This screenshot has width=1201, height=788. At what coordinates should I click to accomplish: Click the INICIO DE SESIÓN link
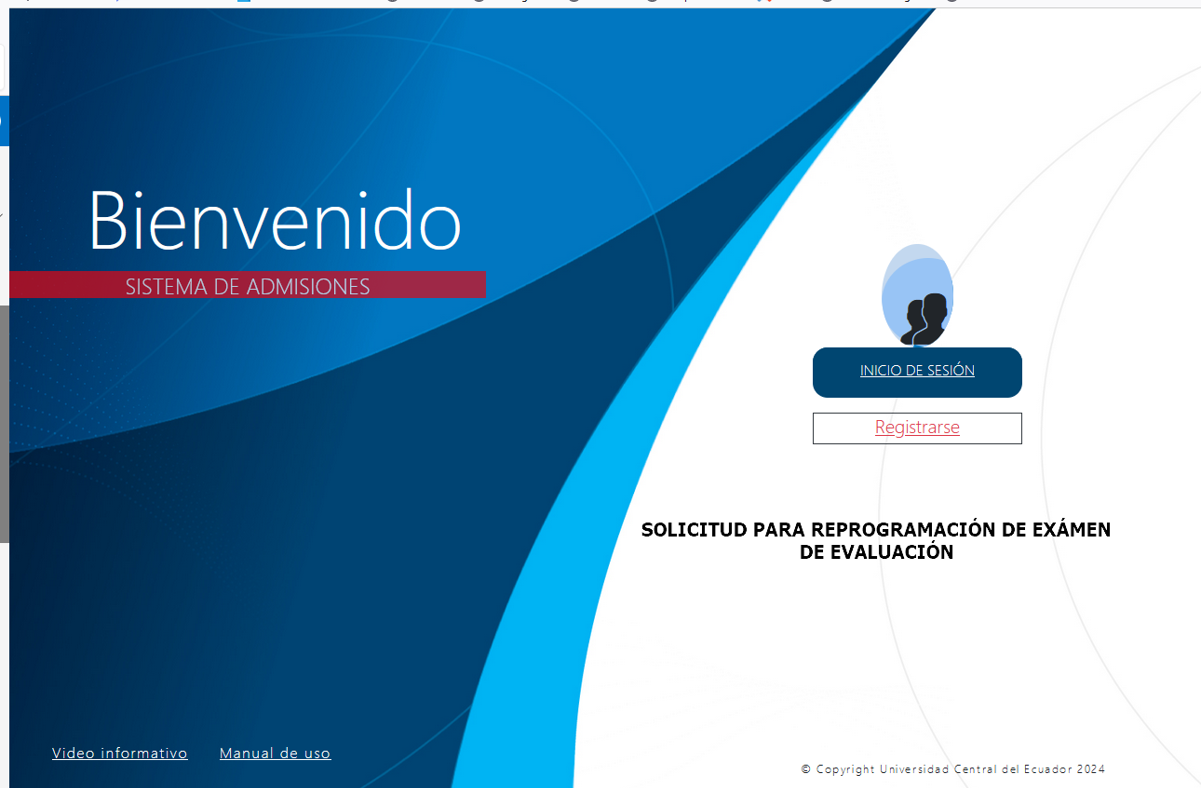tap(917, 370)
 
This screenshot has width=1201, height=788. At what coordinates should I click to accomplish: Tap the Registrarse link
tap(917, 428)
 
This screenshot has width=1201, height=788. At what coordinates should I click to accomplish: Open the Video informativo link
tap(119, 754)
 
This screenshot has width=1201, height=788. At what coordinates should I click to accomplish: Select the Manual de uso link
tap(275, 754)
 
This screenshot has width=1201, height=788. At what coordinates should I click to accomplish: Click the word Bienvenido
tap(275, 220)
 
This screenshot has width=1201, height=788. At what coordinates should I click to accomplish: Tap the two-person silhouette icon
tap(924, 319)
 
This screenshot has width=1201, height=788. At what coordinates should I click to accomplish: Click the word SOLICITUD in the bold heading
tap(694, 530)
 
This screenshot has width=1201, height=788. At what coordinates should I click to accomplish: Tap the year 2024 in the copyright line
tap(1091, 769)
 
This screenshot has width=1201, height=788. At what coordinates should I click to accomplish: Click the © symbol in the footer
tap(805, 769)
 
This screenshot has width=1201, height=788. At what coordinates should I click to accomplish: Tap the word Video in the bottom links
tap(74, 754)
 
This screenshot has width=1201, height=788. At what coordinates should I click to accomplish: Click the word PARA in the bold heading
tap(778, 530)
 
